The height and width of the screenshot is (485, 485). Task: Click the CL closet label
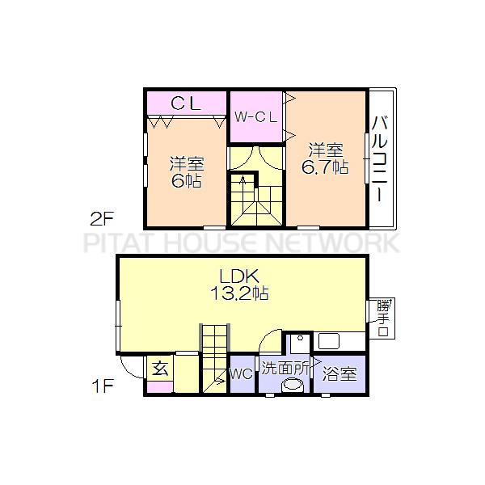click(186, 103)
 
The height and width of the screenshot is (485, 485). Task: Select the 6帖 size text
click(185, 180)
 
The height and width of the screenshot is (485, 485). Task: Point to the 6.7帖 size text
click(325, 167)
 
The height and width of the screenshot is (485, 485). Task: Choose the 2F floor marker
click(102, 217)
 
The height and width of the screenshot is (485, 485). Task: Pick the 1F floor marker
click(102, 386)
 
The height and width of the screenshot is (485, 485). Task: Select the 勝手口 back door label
click(383, 318)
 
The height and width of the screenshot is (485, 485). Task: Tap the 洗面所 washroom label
click(284, 368)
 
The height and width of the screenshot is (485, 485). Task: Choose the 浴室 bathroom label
click(339, 374)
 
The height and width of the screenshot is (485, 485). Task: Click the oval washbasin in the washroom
click(292, 386)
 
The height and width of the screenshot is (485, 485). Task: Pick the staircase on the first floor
click(215, 356)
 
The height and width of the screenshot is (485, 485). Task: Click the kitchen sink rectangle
click(329, 340)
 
